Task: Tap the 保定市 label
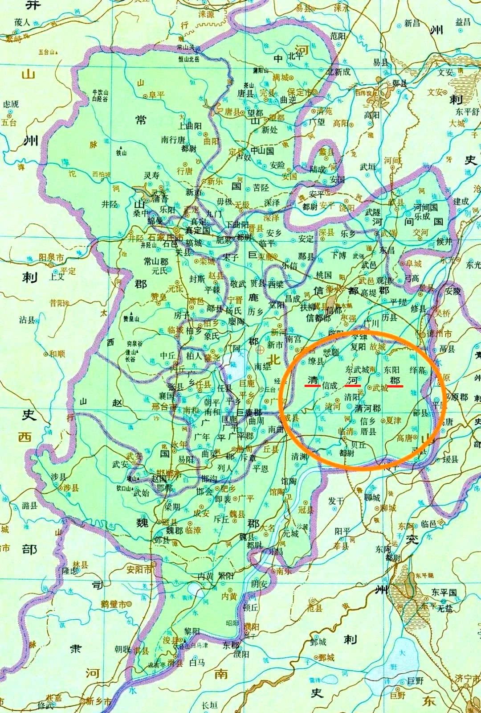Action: pyautogui.click(x=299, y=92)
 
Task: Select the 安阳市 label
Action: pyautogui.click(x=140, y=569)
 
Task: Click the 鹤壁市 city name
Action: pyautogui.click(x=113, y=604)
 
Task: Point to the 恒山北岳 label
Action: pyautogui.click(x=189, y=59)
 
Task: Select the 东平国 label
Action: pyautogui.click(x=444, y=592)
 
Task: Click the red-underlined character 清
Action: pyautogui.click(x=313, y=379)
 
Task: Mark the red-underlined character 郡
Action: pyautogui.click(x=395, y=380)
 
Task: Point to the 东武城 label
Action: pyautogui.click(x=357, y=370)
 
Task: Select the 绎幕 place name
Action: pyautogui.click(x=417, y=370)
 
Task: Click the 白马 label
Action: pyautogui.click(x=197, y=663)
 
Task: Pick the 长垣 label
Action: pyautogui.click(x=209, y=705)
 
